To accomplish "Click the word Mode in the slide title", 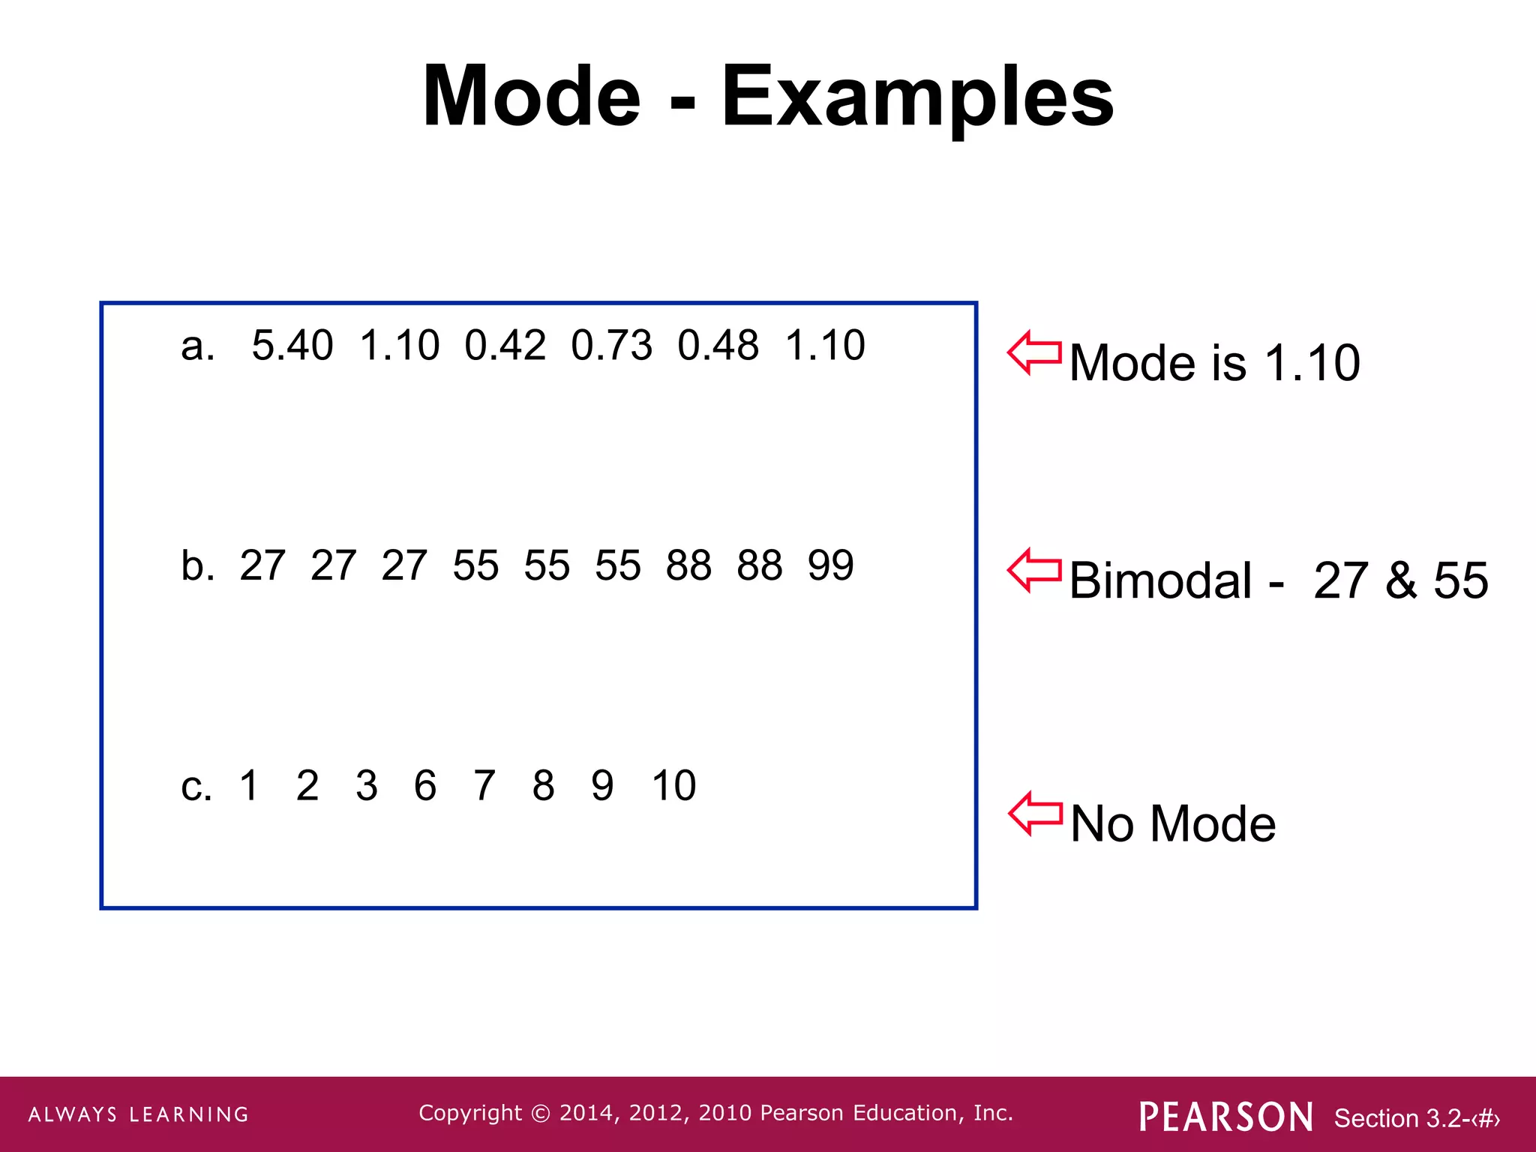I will point(531,96).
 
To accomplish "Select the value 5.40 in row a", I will point(292,346).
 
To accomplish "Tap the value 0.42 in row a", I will point(505,346).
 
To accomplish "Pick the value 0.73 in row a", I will point(611,346).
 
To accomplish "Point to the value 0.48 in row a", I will point(718,346).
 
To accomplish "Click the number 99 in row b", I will point(830,565).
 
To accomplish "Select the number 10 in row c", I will point(673,786).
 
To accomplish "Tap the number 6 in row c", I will point(425,786).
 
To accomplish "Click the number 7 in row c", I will point(484,786).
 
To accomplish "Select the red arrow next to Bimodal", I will point(1034,571).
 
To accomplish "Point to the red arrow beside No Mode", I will point(1035,814).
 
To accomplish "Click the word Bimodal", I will point(1159,580).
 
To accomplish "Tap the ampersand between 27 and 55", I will point(1401,580).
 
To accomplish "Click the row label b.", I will point(196,565).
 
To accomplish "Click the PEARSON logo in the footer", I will point(1225,1117).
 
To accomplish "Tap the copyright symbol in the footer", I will point(540,1113).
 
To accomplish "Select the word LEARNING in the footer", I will point(189,1114).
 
